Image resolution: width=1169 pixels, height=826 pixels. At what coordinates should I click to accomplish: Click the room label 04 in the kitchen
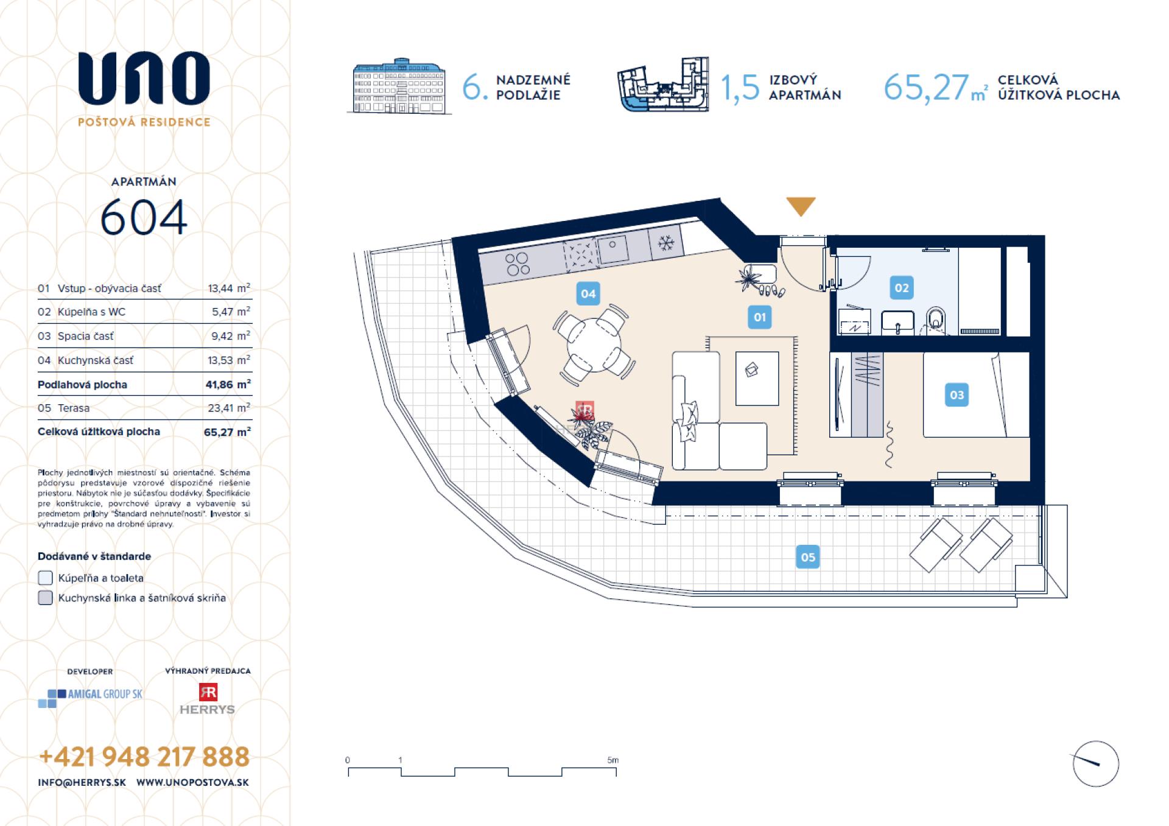pyautogui.click(x=588, y=294)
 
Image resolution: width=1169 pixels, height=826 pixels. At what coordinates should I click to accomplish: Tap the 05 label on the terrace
pyautogui.click(x=807, y=557)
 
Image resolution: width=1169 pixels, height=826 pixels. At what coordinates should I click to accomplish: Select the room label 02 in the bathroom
pyautogui.click(x=901, y=288)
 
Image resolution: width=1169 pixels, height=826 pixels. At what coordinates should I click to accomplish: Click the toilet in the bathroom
pyautogui.click(x=936, y=321)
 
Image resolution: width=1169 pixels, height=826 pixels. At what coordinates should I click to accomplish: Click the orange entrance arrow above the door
pyautogui.click(x=800, y=206)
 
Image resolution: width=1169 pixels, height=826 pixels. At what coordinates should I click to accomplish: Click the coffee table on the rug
pyautogui.click(x=757, y=378)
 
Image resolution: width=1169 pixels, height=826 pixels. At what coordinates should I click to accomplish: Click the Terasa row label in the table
pyautogui.click(x=73, y=408)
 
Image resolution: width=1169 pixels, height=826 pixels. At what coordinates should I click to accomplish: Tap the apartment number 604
pyautogui.click(x=144, y=218)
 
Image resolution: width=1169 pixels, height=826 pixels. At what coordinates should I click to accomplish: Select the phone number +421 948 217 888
pyautogui.click(x=144, y=757)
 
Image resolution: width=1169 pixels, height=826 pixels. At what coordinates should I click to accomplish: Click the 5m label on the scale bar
pyautogui.click(x=613, y=760)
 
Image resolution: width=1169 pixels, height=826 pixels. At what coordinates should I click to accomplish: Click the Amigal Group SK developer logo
pyautogui.click(x=90, y=697)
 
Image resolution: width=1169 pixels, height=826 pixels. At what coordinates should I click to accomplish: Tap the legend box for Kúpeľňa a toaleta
pyautogui.click(x=46, y=578)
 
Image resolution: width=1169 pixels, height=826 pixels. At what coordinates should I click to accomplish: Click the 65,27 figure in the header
pyautogui.click(x=925, y=87)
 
